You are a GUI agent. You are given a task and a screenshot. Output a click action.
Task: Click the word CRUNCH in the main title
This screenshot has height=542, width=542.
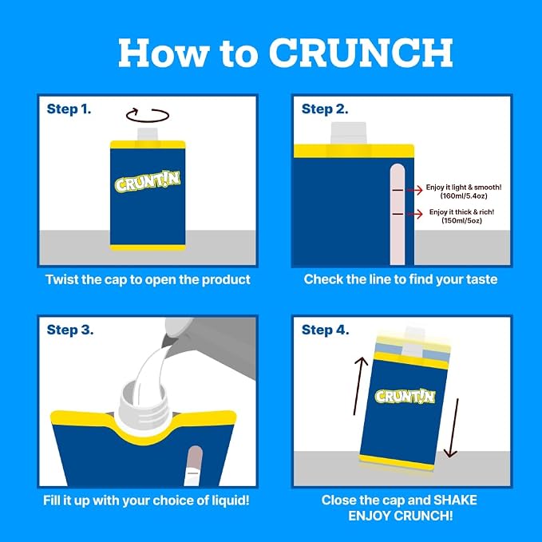pos(362,53)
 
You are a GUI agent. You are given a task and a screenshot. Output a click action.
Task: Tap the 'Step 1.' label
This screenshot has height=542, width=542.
pos(69,109)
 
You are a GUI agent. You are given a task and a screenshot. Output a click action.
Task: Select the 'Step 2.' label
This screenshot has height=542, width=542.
pos(325,109)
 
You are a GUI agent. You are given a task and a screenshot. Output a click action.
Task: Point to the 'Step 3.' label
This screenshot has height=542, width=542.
pos(69,330)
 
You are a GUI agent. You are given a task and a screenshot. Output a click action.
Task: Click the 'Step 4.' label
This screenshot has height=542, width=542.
pos(325,330)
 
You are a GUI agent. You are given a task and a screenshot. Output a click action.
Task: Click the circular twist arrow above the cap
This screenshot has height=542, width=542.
pos(148,121)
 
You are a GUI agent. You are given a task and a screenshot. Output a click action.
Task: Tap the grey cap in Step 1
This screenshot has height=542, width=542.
pos(148,135)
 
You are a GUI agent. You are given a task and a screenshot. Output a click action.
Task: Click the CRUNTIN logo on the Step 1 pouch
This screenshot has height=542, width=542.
pos(148,181)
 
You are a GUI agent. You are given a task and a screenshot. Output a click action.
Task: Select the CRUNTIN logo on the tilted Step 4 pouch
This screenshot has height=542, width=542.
pos(405,396)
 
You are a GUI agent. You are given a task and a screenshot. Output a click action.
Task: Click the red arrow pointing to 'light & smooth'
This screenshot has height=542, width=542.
pos(415,190)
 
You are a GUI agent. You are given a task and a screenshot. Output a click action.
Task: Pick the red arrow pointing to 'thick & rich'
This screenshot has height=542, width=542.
pos(415,214)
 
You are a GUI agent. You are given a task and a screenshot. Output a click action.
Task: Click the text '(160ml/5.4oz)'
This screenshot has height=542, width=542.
pos(464,196)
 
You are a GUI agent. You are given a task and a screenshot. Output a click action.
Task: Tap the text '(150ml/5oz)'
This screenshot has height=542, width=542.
pos(461,220)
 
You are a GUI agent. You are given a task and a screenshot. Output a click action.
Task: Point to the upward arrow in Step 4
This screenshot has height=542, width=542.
pos(358,386)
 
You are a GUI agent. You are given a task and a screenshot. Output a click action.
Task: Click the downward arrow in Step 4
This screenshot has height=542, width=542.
pos(453,428)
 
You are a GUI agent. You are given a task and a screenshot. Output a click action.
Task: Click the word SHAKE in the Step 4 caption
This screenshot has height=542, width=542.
pos(455,500)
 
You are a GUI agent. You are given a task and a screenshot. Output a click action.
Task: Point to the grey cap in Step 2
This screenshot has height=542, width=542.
pos(348,133)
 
